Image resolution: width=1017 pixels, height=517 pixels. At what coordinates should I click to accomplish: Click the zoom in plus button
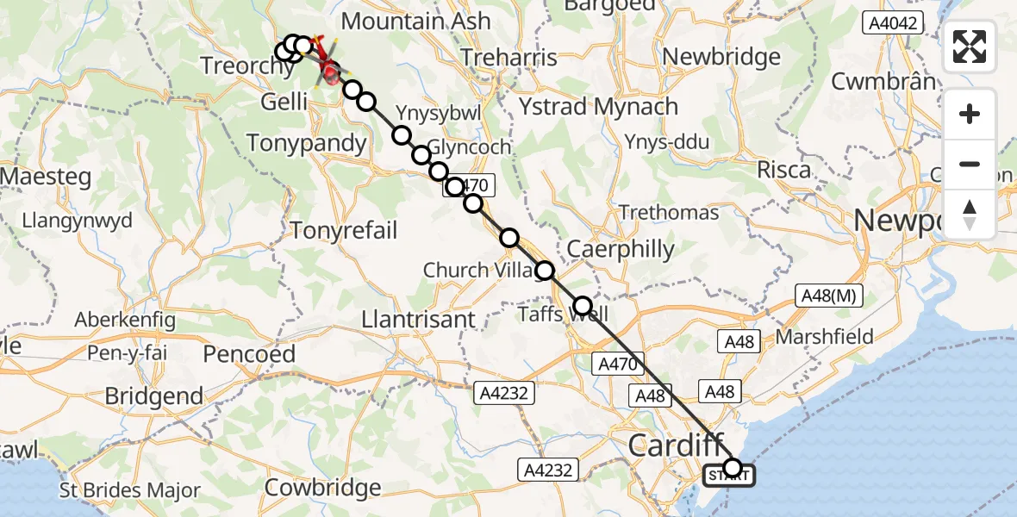tap(970, 115)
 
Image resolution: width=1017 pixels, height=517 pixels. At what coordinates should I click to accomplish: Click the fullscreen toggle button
tap(970, 47)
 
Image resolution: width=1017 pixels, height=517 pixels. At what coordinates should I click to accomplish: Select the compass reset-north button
tap(970, 214)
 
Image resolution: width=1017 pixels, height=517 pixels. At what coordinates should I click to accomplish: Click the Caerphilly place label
tap(621, 249)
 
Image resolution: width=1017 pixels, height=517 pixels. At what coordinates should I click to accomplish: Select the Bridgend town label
tap(154, 396)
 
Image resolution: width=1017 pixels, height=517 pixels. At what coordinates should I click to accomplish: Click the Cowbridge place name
tap(323, 488)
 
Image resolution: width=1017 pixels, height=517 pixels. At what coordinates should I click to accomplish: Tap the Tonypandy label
tap(307, 143)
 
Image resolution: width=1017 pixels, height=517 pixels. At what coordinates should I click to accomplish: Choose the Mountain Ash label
tap(417, 22)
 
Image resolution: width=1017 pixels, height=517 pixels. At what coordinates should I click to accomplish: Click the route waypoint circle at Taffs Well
tap(583, 305)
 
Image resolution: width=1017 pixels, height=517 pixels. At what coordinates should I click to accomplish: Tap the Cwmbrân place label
tap(883, 82)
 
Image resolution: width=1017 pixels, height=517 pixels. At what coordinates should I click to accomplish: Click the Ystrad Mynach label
tap(598, 107)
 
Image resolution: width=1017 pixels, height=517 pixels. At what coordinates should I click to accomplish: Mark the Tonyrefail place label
tap(344, 230)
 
